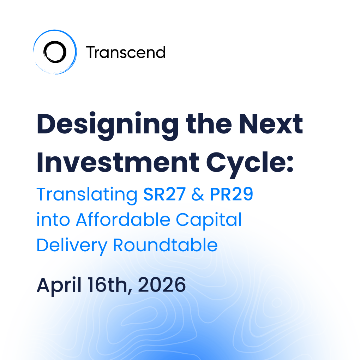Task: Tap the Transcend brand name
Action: tap(126, 52)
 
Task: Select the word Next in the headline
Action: tap(271, 124)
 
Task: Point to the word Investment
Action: tap(118, 162)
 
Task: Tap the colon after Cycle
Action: tap(290, 163)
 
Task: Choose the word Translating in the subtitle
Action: tap(87, 195)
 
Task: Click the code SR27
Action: tap(164, 194)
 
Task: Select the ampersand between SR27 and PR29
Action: tap(197, 194)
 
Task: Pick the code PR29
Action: tap(232, 194)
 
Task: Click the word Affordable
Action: tap(123, 220)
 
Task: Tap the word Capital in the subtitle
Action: tap(209, 221)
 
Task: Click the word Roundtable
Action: tap(165, 245)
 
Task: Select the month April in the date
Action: tap(59, 286)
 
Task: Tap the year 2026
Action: tap(162, 285)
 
